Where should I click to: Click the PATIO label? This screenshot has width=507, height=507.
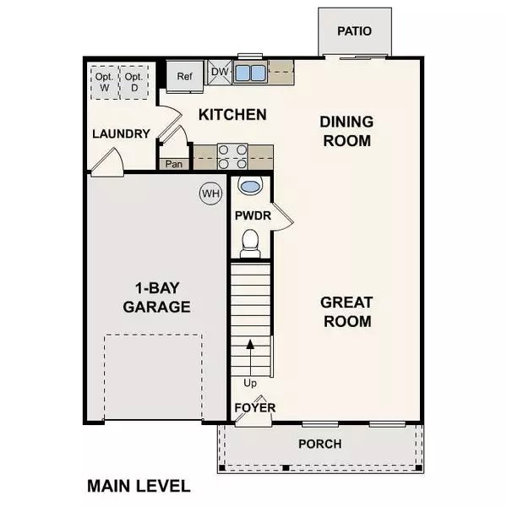point(354,31)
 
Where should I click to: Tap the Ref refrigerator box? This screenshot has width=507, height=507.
point(185,75)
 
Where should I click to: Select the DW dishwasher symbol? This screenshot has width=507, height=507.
point(219,73)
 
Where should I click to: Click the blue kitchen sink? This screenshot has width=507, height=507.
point(251,73)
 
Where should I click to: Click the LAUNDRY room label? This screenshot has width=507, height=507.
point(121,134)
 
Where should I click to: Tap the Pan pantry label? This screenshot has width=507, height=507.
point(175,164)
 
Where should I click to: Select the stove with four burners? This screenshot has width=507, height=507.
point(232,156)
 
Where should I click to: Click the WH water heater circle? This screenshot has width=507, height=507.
point(210,194)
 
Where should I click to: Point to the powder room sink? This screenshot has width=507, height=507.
point(250,186)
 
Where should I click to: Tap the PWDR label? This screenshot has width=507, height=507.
point(253,216)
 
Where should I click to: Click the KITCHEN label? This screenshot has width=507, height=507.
point(232,114)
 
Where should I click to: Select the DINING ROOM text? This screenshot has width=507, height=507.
point(346,131)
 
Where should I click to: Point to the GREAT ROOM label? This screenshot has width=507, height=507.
point(346,311)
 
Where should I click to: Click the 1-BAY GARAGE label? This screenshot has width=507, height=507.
point(156,297)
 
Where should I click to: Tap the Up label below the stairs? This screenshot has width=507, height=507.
point(249,383)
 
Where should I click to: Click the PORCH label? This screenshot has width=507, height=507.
point(320,444)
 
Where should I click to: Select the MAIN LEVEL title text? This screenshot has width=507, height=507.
point(139,486)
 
